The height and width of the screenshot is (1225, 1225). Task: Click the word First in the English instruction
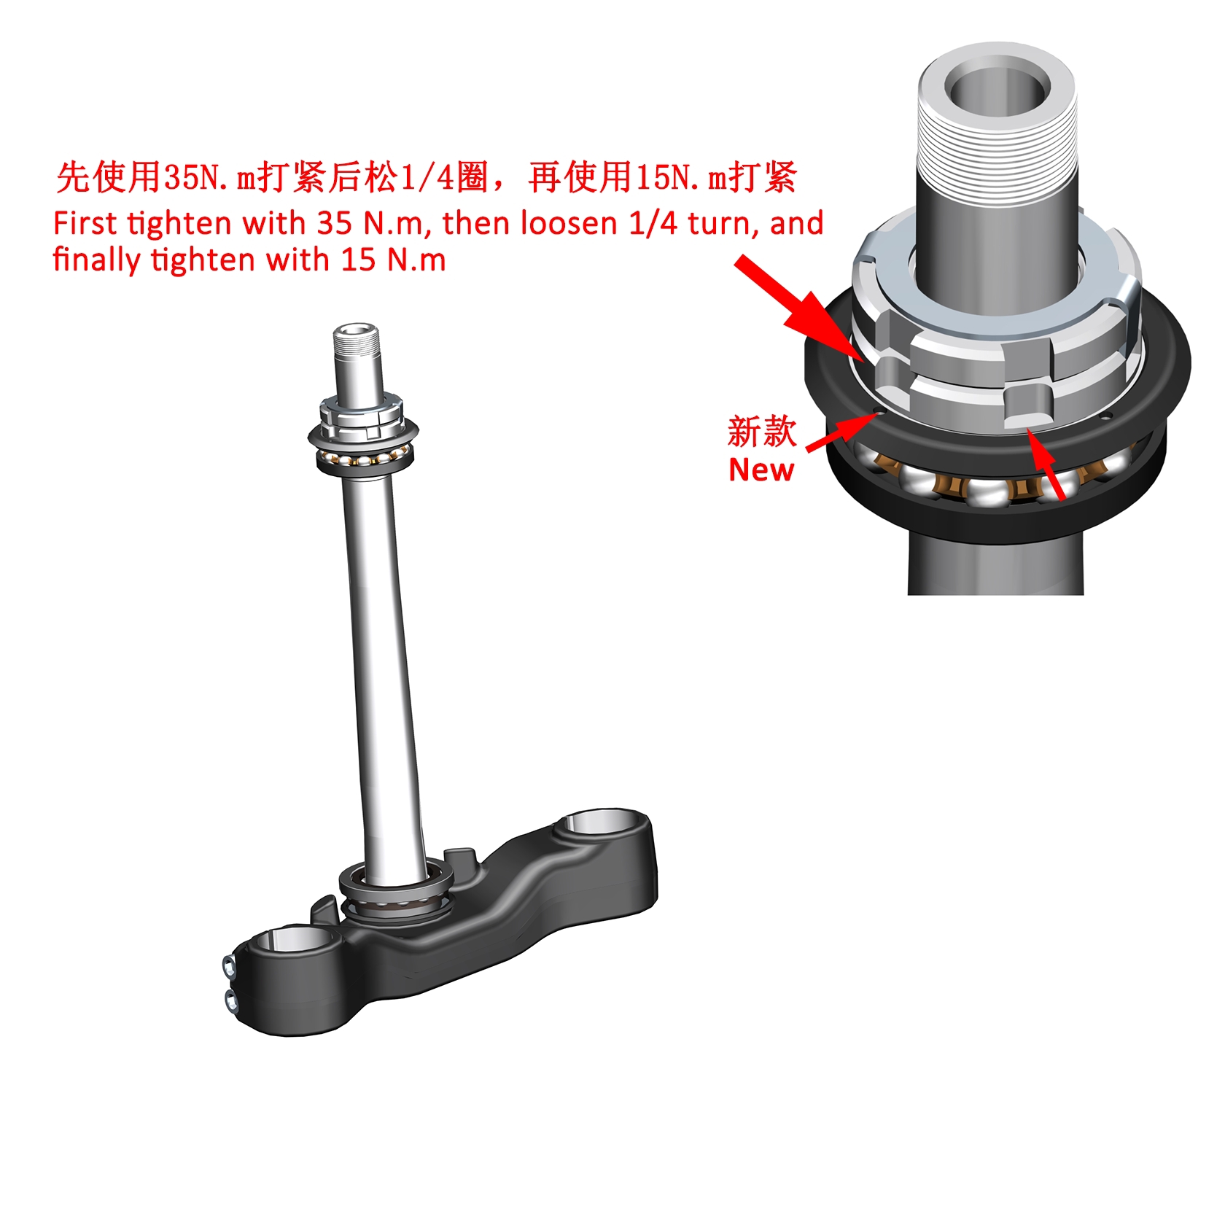[x=85, y=223]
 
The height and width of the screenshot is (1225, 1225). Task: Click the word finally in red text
[x=97, y=260]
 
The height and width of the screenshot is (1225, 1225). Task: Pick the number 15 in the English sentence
[x=359, y=260]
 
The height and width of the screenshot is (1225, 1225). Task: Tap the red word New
[x=761, y=470]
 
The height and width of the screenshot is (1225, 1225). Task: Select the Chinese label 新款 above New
[x=762, y=432]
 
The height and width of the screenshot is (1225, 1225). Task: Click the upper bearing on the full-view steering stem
[x=362, y=446]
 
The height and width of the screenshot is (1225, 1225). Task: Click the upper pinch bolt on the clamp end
[x=230, y=968]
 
